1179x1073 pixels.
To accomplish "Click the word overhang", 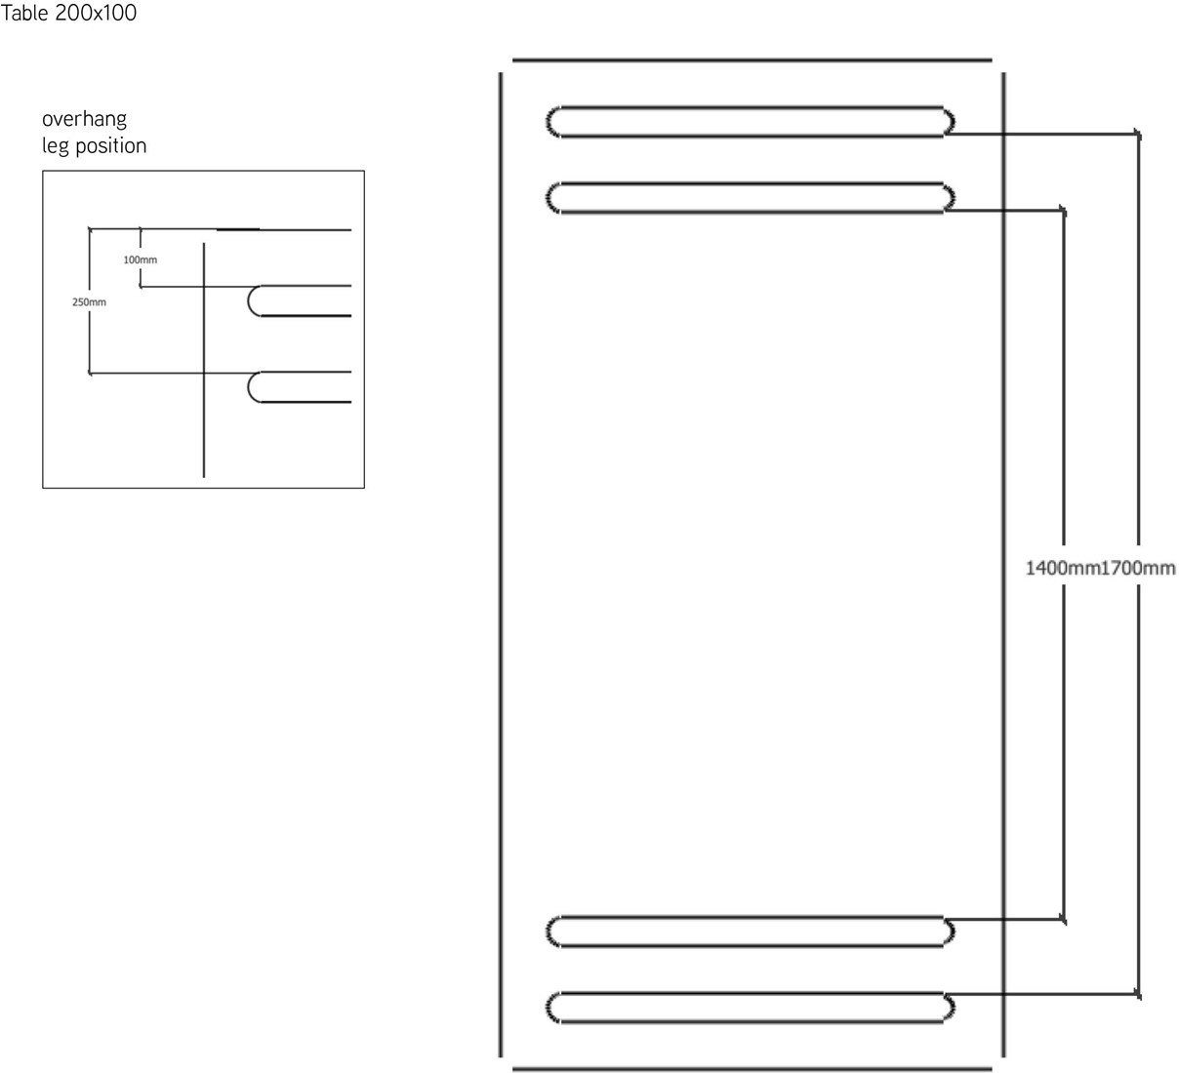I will tap(84, 120).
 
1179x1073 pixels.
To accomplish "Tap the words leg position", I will tap(94, 146).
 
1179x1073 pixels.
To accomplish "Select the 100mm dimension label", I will tap(140, 260).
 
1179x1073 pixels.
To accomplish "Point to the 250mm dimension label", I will tap(89, 302).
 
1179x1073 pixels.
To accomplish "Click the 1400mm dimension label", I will tap(1062, 568).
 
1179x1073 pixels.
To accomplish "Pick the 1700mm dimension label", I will tap(1138, 568).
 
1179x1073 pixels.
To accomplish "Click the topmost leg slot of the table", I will tap(750, 120).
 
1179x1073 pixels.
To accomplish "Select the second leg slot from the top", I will tap(750, 197).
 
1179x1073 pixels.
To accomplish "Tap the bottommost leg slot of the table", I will tap(750, 1008).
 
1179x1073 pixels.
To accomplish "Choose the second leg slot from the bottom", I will tap(750, 932).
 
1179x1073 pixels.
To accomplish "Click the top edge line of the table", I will tap(752, 60).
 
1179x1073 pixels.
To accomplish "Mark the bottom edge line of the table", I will tap(752, 1068).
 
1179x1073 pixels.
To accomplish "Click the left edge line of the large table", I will tap(501, 566).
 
